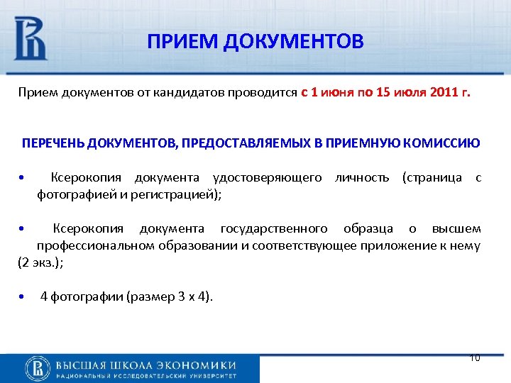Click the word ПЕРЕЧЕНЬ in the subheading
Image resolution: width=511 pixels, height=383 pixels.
(x=53, y=143)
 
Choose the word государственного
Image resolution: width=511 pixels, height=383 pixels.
(x=274, y=228)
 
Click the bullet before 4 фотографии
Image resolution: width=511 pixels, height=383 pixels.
(x=23, y=296)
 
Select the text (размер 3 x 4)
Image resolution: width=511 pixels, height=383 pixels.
(x=169, y=296)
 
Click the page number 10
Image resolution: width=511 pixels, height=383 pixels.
(x=475, y=357)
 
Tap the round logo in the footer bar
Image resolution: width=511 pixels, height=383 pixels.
(x=38, y=367)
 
